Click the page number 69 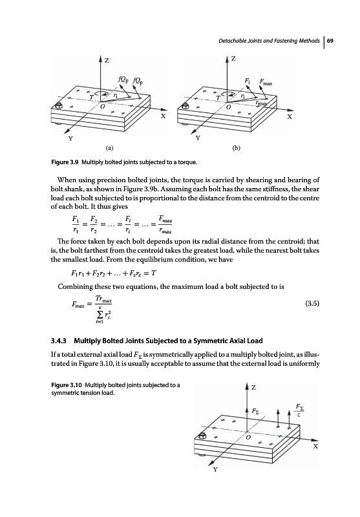pyautogui.click(x=331, y=41)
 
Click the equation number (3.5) pyautogui.click(x=313, y=303)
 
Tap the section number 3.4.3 pyautogui.click(x=59, y=341)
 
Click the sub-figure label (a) pyautogui.click(x=109, y=148)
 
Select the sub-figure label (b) pyautogui.click(x=237, y=148)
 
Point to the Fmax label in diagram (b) pyautogui.click(x=266, y=81)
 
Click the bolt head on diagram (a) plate pyautogui.click(x=59, y=106)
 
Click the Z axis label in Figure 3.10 pyautogui.click(x=253, y=387)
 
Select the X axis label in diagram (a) pyautogui.click(x=163, y=116)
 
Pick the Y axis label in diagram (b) pyautogui.click(x=198, y=138)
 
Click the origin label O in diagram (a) pyautogui.click(x=103, y=107)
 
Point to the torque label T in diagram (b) pyautogui.click(x=218, y=98)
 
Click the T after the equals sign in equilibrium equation pyautogui.click(x=154, y=273)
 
